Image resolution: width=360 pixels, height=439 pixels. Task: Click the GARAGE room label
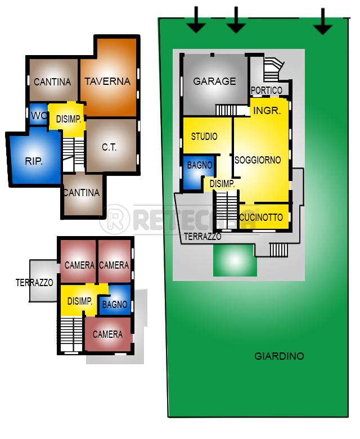click(214, 82)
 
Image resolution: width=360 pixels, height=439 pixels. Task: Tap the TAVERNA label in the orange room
click(107, 82)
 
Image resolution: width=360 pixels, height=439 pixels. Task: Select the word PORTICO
click(267, 90)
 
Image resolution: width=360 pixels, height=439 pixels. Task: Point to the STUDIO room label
click(204, 137)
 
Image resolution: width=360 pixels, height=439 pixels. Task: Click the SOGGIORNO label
click(258, 160)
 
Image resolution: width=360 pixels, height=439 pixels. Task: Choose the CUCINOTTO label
click(261, 218)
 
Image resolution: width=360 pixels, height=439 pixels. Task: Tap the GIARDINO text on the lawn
click(279, 356)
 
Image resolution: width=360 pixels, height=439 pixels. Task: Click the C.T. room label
click(109, 147)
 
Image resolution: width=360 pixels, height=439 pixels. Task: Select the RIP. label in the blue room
click(34, 161)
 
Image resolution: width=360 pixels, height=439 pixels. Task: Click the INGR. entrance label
click(267, 111)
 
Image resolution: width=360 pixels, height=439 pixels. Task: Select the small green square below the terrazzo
click(235, 260)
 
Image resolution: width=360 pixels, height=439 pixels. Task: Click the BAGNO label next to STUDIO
click(200, 165)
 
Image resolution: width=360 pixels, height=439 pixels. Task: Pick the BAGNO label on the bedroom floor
click(115, 305)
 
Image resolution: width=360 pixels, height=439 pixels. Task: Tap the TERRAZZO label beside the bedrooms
click(35, 282)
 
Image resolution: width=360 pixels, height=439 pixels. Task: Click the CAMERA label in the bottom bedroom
click(107, 334)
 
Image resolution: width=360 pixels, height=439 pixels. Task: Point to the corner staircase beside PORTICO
click(273, 70)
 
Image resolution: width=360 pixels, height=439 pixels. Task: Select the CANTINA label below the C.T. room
click(82, 193)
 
